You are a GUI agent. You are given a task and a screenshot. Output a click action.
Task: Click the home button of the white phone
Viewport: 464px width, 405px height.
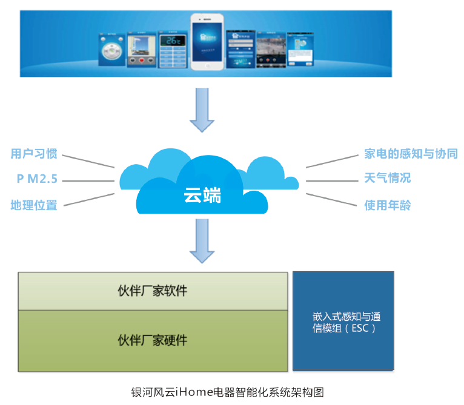[x=208, y=65]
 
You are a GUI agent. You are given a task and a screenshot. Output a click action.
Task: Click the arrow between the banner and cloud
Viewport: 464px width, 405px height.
[x=202, y=110]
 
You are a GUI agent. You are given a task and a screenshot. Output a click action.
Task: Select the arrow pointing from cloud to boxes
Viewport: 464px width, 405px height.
[x=202, y=240]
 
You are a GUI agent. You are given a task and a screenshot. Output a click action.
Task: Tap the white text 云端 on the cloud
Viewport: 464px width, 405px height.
[x=203, y=196]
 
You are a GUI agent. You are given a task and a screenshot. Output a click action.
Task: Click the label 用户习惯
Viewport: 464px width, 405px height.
[x=34, y=154]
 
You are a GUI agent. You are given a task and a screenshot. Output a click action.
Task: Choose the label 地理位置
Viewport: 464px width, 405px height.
[x=34, y=205]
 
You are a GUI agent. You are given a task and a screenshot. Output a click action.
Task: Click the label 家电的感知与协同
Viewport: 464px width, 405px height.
[x=411, y=154]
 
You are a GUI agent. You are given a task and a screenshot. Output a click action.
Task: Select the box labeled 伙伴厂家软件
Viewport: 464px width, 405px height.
[x=153, y=291]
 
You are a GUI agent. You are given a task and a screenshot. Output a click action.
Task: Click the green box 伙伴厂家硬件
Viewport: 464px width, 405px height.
[x=153, y=340]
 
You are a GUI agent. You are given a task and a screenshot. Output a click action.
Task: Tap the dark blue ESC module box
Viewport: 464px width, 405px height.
[x=343, y=321]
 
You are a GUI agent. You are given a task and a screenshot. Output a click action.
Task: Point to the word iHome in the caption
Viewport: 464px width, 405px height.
[x=194, y=391]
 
